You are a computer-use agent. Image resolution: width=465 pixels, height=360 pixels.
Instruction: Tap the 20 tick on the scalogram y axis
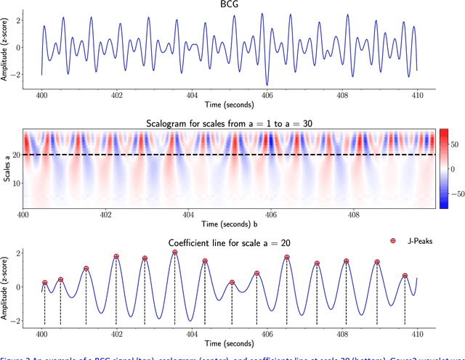tap(16, 155)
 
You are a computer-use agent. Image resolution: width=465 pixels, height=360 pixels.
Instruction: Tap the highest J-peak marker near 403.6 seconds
tap(175, 253)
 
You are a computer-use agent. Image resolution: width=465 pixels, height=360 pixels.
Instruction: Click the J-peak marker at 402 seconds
tap(116, 257)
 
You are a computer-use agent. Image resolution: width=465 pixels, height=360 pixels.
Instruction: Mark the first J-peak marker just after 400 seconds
tap(44, 283)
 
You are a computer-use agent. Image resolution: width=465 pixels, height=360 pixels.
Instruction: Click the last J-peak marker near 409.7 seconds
tap(405, 276)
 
